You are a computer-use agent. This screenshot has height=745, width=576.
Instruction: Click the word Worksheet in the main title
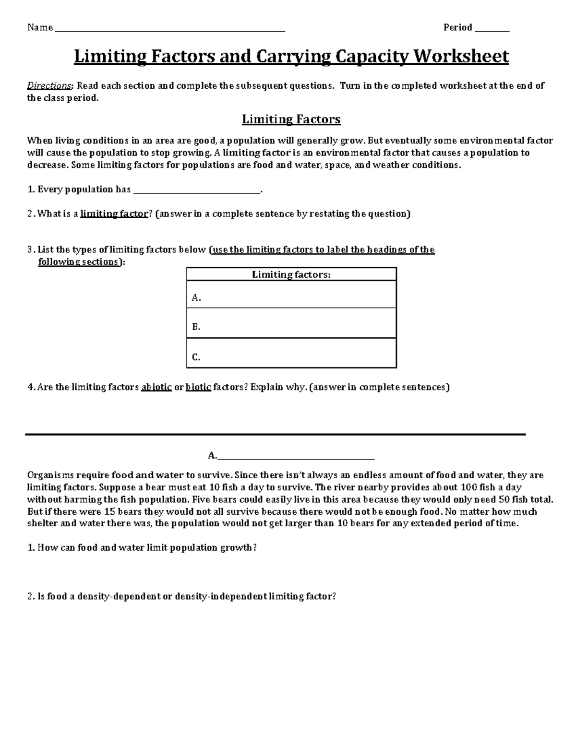[461, 57]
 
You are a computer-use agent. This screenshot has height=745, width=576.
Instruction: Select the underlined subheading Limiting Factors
[291, 119]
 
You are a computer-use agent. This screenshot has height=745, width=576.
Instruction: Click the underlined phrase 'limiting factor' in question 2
[114, 214]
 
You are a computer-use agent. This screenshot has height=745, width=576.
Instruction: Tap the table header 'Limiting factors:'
[291, 274]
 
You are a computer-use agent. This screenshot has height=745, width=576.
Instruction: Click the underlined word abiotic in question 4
[156, 387]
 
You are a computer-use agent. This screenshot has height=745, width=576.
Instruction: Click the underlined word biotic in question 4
[198, 387]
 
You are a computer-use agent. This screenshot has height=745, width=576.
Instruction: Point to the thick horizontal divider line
[276, 435]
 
